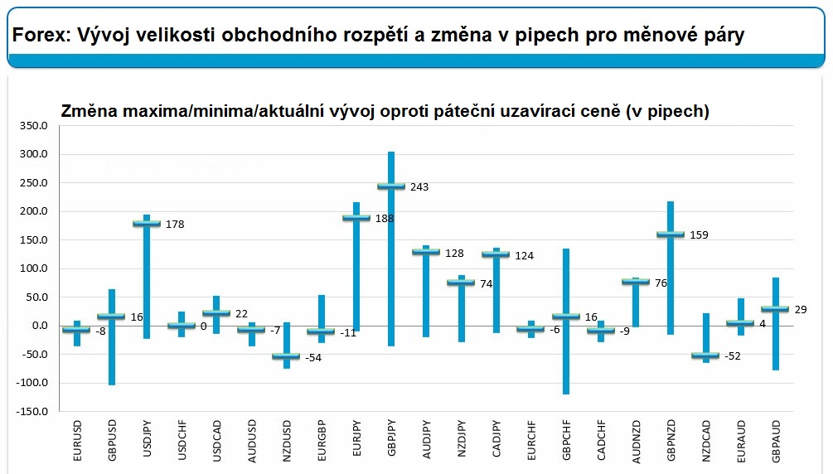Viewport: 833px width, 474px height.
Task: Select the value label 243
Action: pos(419,186)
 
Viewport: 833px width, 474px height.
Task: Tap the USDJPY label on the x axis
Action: pos(147,438)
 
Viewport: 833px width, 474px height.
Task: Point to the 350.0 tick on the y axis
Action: pos(34,126)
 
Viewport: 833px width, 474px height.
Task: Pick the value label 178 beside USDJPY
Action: pos(175,225)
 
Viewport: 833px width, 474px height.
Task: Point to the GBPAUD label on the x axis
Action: pos(775,438)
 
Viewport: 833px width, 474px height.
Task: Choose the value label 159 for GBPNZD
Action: pos(699,235)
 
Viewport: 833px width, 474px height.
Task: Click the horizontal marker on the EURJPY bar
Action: pos(356,218)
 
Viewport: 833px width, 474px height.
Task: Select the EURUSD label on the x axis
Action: pos(76,438)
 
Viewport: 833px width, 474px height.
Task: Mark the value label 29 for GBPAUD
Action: pos(801,309)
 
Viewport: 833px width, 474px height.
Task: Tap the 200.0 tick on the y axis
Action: pos(34,211)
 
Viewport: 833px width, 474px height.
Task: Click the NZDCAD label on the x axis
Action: pos(705,438)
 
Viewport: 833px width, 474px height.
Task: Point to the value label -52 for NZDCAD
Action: pos(733,356)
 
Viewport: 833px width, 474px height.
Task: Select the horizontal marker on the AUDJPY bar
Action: pos(426,251)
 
